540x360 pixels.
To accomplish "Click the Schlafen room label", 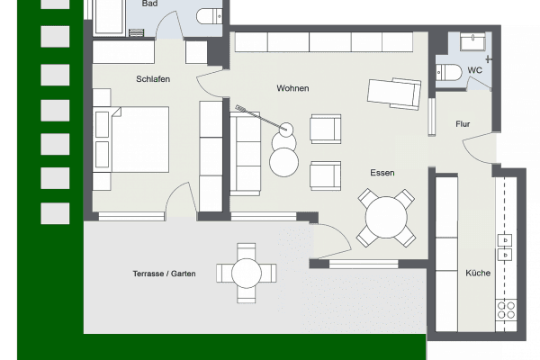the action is (x=153, y=79).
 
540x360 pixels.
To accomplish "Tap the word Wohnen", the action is (x=292, y=88).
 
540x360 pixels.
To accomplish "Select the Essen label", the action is (x=382, y=173).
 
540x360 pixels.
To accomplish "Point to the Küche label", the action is (x=478, y=273).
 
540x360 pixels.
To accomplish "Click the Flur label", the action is (x=463, y=124).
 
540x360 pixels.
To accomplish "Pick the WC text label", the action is (x=474, y=70).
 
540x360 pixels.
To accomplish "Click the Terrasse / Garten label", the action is (x=165, y=274).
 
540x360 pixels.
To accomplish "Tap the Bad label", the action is (x=149, y=4).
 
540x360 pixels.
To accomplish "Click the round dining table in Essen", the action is (x=386, y=218).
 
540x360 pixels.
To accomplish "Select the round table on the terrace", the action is (x=247, y=274).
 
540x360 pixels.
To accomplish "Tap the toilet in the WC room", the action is (x=448, y=72).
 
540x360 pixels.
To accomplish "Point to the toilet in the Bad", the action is (x=210, y=16).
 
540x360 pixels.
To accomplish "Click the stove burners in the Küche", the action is (x=506, y=310).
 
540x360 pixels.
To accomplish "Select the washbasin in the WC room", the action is (x=472, y=41).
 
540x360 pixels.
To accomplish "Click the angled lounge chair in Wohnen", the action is (x=394, y=94).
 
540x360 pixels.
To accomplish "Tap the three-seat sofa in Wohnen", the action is (x=245, y=154).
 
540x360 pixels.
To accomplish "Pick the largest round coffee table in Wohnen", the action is (x=283, y=162).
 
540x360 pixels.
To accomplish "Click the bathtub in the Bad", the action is (x=109, y=17).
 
